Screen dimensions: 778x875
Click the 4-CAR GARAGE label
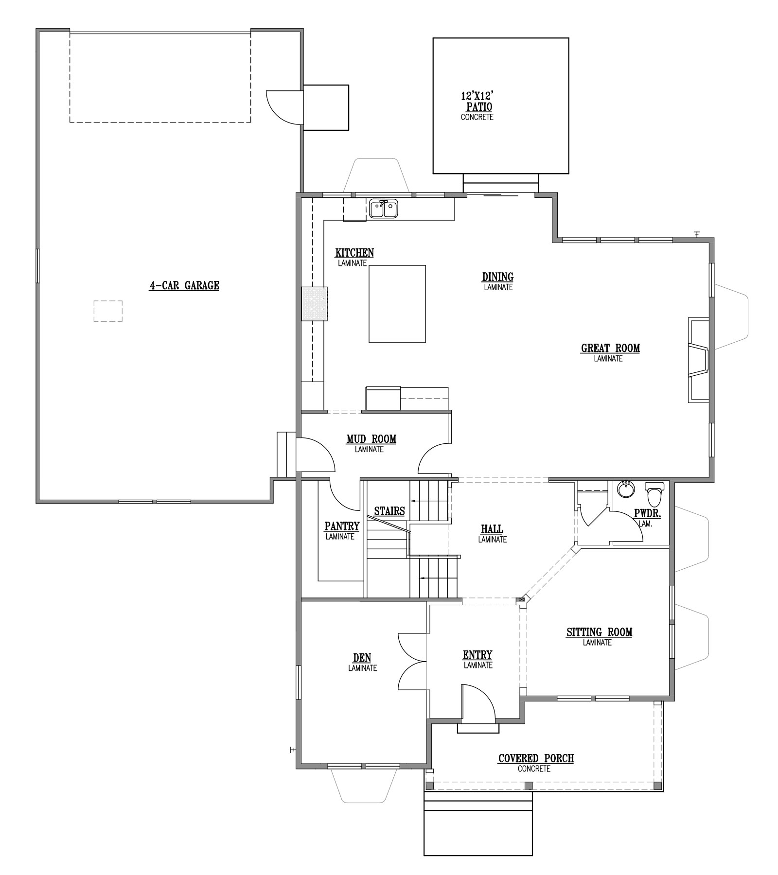coord(184,285)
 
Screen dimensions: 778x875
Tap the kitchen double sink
coord(384,209)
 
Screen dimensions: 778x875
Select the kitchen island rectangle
coord(397,304)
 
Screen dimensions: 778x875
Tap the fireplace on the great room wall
coord(698,360)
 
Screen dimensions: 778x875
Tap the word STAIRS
coord(389,511)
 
